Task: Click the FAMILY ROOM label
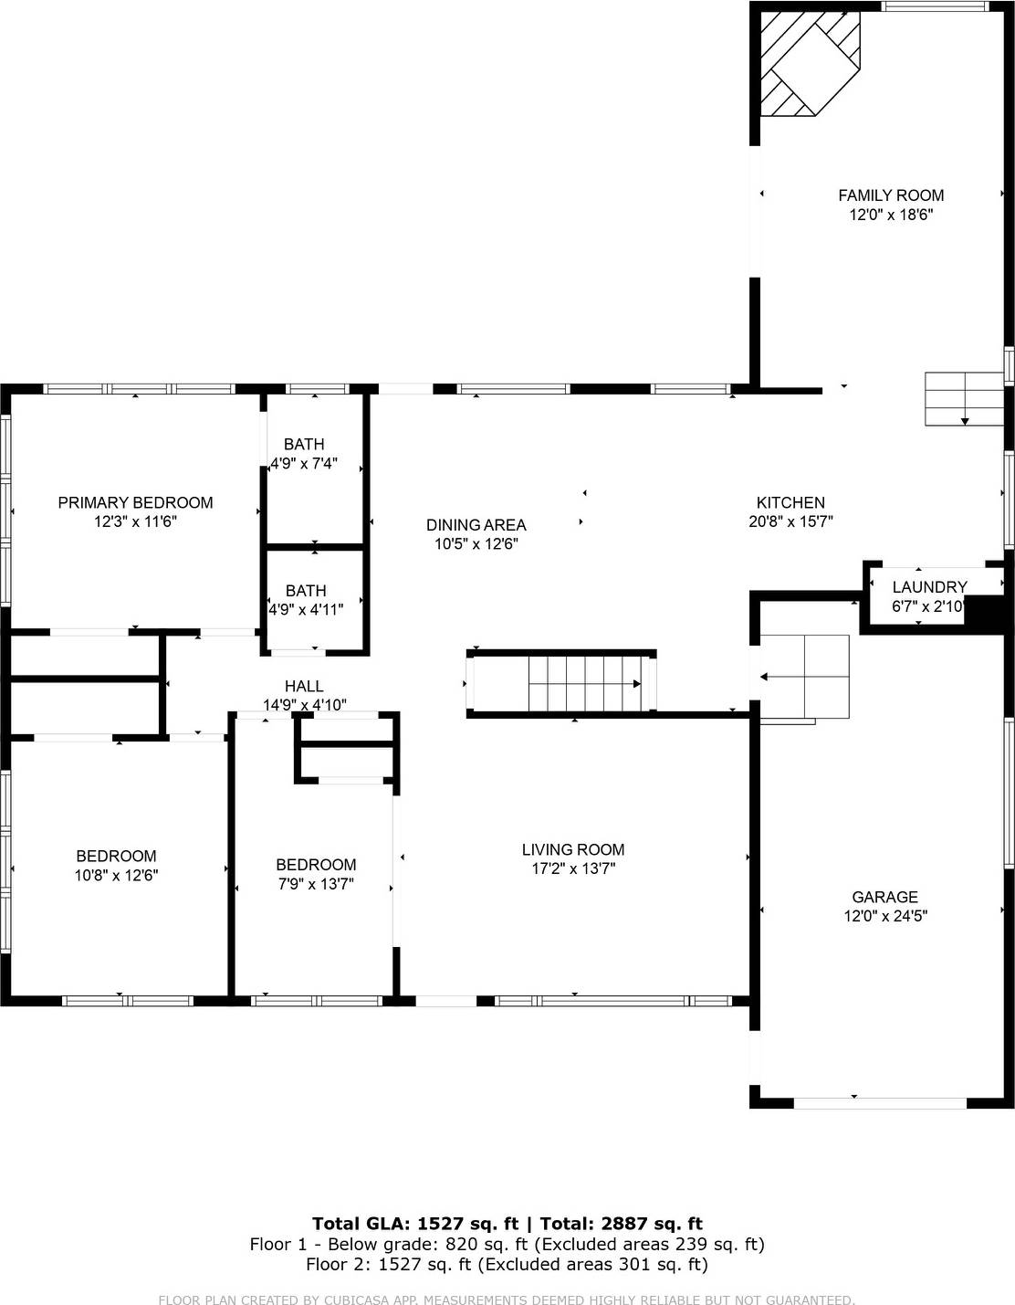point(891,195)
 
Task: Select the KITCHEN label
point(790,502)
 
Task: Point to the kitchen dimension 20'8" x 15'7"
point(790,521)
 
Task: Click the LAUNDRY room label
point(929,587)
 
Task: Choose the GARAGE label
point(884,897)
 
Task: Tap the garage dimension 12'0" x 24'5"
point(884,916)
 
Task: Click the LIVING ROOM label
point(573,849)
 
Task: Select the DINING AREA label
point(476,525)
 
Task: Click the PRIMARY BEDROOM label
point(135,502)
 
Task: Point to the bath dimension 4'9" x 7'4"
point(304,463)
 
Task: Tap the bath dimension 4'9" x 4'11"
point(306,609)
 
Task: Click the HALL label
point(304,686)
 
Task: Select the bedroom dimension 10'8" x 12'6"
point(116,875)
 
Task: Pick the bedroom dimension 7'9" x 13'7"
point(316,884)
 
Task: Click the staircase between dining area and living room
point(584,683)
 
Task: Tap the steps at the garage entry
point(804,676)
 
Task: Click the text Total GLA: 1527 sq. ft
point(414,1224)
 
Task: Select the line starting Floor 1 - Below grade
point(507,1244)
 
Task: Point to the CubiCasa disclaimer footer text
point(507,1300)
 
